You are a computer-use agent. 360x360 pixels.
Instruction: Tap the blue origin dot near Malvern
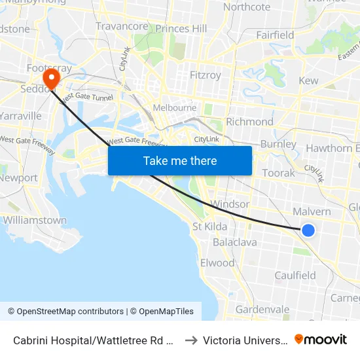pyautogui.click(x=308, y=230)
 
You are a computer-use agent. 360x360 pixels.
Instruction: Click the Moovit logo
pyautogui.click(x=321, y=340)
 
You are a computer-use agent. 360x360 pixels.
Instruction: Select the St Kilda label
pyautogui.click(x=209, y=227)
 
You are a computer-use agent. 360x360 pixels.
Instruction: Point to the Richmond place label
pyautogui.click(x=249, y=122)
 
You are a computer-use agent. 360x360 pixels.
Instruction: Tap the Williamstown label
pyautogui.click(x=35, y=221)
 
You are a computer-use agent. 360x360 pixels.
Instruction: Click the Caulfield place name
pyautogui.click(x=295, y=276)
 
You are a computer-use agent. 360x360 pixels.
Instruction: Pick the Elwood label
pyautogui.click(x=217, y=263)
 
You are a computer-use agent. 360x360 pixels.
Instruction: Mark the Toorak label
pyautogui.click(x=279, y=173)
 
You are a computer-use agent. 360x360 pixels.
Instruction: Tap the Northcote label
pyautogui.click(x=247, y=7)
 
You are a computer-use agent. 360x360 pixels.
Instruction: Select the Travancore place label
pyautogui.click(x=122, y=26)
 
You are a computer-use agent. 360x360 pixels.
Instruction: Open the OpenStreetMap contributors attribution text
pyautogui.click(x=65, y=312)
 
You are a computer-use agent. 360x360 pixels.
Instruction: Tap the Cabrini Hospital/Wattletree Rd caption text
pyautogui.click(x=93, y=340)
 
